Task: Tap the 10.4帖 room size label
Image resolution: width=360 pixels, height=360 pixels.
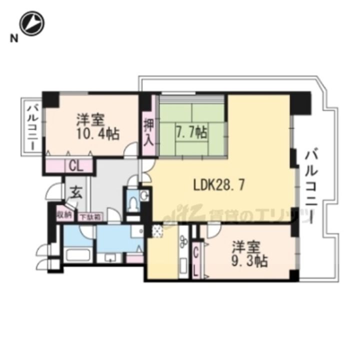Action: pyautogui.click(x=98, y=127)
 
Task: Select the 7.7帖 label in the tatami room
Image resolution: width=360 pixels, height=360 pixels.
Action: pyautogui.click(x=191, y=132)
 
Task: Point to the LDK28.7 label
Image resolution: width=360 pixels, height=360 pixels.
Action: pyautogui.click(x=219, y=185)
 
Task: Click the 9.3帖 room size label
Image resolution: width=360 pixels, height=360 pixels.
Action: pyautogui.click(x=248, y=253)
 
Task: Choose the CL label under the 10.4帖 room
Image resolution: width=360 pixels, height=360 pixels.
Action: pyautogui.click(x=76, y=165)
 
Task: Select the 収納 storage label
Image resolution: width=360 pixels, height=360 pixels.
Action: pyautogui.click(x=63, y=215)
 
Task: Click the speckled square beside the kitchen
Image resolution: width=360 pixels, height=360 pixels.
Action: pyautogui.click(x=157, y=231)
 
